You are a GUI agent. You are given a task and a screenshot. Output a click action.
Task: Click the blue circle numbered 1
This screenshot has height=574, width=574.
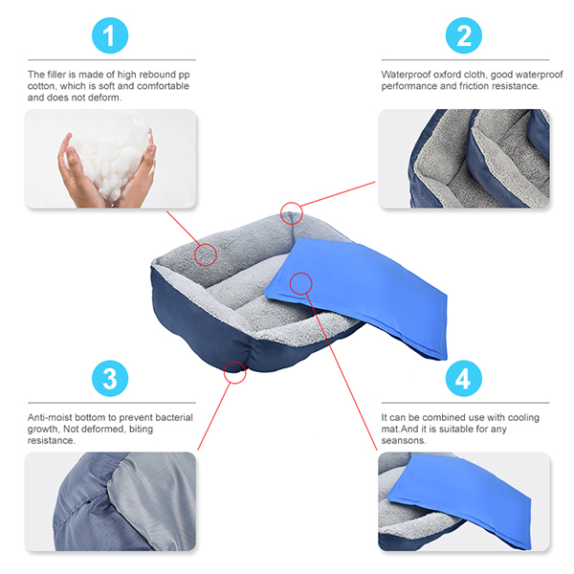click(x=110, y=35)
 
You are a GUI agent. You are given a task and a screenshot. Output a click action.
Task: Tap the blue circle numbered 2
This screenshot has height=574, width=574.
click(x=463, y=35)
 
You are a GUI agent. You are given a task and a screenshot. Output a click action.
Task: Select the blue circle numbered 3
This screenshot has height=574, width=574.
click(x=110, y=378)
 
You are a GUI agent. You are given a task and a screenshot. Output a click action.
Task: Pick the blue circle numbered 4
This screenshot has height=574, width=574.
click(x=463, y=378)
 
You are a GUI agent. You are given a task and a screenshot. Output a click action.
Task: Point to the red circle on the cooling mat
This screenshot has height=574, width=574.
click(x=301, y=284)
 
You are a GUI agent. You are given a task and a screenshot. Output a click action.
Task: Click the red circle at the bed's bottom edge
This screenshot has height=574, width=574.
click(x=235, y=373)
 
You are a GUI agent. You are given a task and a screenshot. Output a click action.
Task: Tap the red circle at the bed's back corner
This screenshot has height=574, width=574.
click(x=292, y=213)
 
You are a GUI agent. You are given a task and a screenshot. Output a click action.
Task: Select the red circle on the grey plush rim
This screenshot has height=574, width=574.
click(x=206, y=254)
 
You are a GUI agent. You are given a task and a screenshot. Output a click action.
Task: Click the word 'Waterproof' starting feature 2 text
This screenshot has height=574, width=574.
click(x=406, y=75)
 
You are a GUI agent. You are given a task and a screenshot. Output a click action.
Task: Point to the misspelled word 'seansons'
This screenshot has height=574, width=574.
click(x=404, y=440)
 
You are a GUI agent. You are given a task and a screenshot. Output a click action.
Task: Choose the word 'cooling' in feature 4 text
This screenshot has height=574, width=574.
click(x=523, y=418)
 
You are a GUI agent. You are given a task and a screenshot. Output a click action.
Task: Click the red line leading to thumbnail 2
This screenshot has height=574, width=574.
click(x=338, y=194)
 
